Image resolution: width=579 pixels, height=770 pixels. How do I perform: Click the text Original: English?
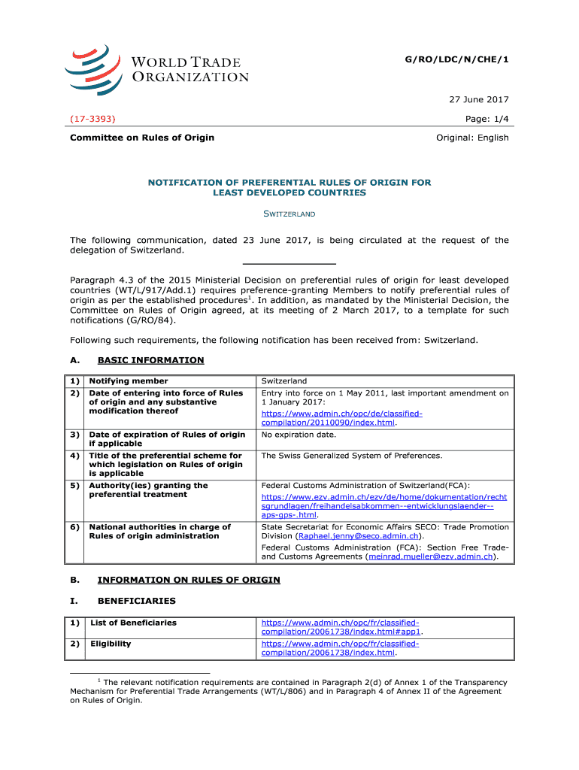[x=472, y=138]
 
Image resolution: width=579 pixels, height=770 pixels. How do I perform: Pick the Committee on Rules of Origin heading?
[x=142, y=138]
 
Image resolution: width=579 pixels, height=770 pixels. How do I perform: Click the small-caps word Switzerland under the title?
[x=289, y=214]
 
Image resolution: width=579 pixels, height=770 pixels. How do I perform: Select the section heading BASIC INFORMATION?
[x=150, y=360]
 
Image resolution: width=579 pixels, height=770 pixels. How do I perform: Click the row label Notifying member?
[x=129, y=381]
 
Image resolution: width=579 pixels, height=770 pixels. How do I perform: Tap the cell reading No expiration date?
[x=299, y=435]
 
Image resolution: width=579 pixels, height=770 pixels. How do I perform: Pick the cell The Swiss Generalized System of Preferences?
[x=351, y=456]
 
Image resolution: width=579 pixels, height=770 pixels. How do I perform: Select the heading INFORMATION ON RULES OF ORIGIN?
[x=189, y=580]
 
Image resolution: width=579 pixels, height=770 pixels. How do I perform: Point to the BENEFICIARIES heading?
[x=137, y=601]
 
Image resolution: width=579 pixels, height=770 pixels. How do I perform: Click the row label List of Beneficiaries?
[x=133, y=623]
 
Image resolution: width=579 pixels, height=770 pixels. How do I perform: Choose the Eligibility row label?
[x=111, y=644]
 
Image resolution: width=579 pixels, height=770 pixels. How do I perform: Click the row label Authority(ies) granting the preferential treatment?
[x=149, y=490]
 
